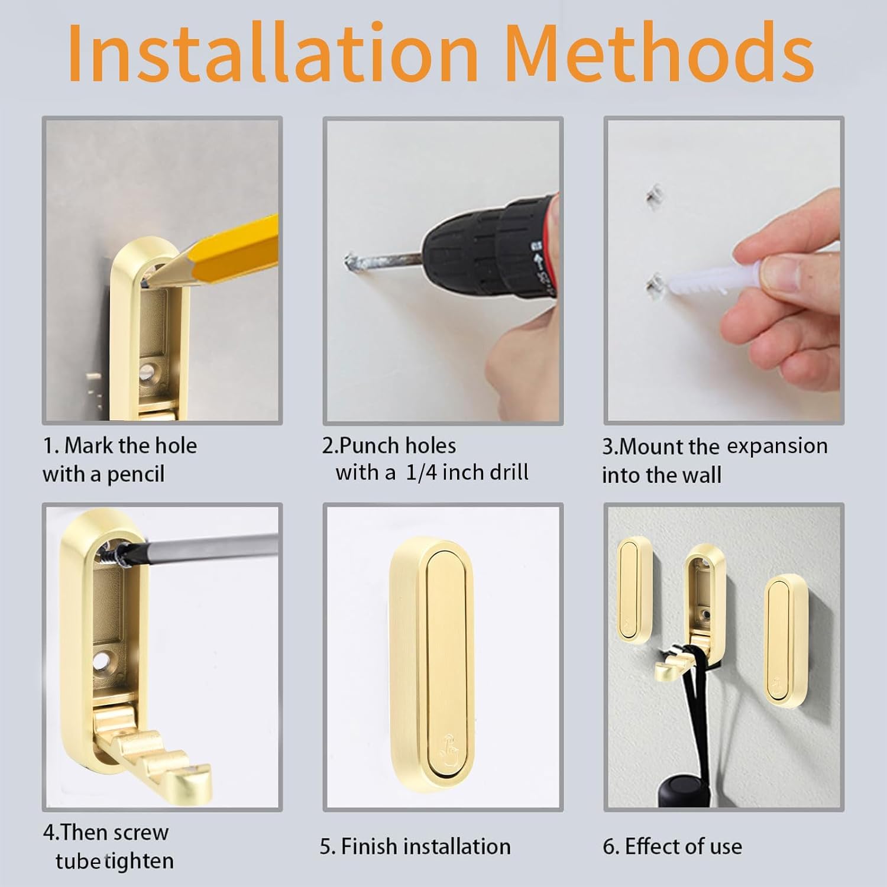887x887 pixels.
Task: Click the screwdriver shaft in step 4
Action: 207,544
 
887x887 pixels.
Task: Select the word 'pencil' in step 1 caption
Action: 135,474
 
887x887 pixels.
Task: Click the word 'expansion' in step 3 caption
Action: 776,446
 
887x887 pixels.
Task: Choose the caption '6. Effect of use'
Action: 672,846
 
